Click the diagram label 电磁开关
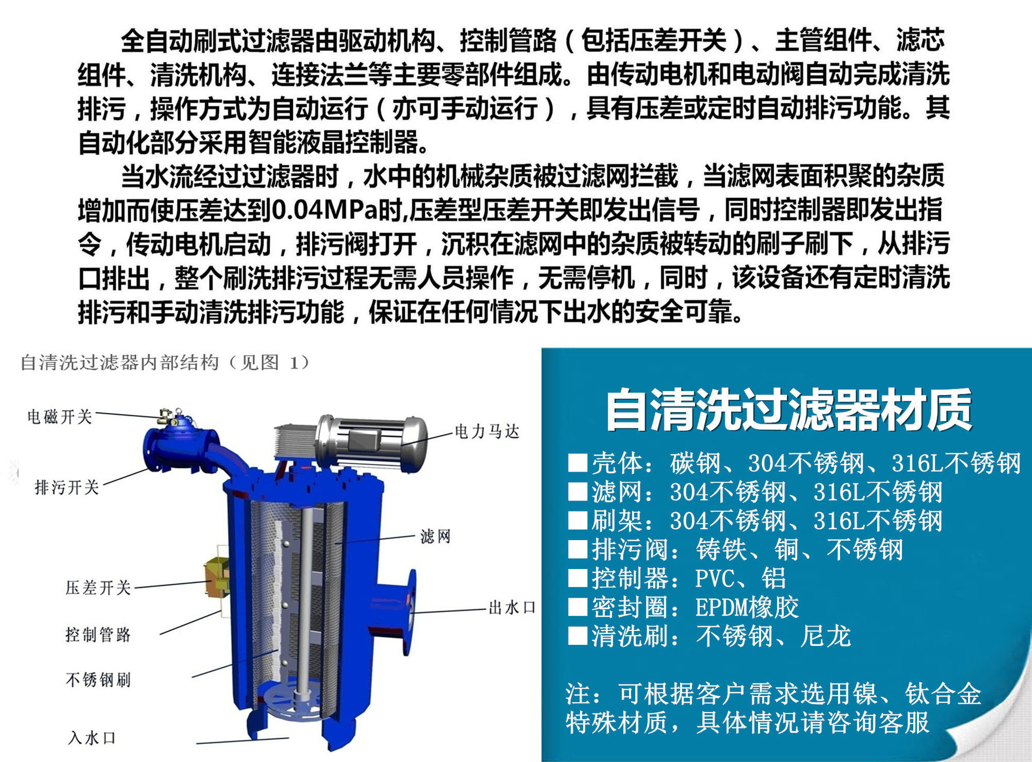coord(60,416)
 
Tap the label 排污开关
coord(67,487)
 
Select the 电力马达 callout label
coord(487,432)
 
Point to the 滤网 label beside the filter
coord(435,536)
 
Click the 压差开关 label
coord(98,587)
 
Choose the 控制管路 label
coord(98,635)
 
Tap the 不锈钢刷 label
coord(98,680)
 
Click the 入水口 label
coord(91,737)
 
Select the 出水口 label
coord(512,608)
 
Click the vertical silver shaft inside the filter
coord(307,591)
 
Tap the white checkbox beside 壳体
coord(577,463)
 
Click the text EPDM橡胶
coord(747,608)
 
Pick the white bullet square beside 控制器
coord(577,578)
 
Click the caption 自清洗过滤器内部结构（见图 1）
coord(165,363)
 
